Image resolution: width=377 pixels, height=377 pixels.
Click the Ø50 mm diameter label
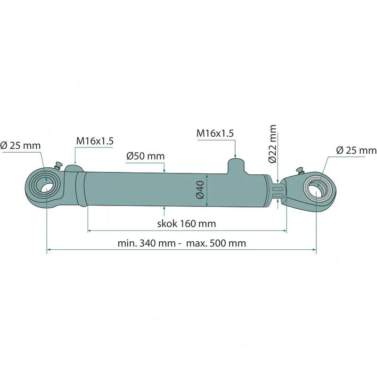tap(146, 156)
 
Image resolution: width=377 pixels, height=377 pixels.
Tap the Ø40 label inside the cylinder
tap(200, 190)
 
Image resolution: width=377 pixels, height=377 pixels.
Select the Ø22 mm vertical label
tap(273, 144)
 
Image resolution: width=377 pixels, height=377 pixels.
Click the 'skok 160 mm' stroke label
tap(187, 223)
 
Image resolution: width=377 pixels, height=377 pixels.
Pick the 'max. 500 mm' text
tap(216, 243)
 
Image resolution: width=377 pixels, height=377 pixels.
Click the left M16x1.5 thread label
tap(95, 141)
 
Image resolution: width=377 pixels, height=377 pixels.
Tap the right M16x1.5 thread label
tap(215, 133)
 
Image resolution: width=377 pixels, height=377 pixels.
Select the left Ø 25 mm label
tap(20, 146)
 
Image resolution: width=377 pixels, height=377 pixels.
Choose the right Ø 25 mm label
tap(356, 150)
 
